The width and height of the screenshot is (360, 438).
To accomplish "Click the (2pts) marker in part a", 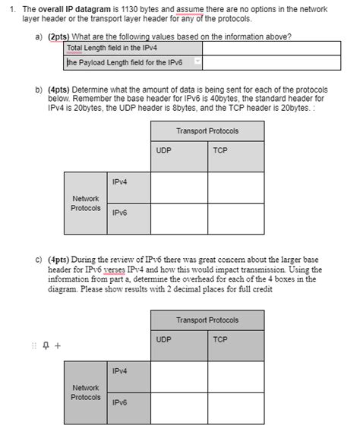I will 58,36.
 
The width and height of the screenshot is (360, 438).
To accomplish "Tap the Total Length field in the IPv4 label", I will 109,48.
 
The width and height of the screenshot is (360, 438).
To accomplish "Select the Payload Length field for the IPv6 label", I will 125,62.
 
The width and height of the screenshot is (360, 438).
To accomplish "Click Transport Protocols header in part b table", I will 207,131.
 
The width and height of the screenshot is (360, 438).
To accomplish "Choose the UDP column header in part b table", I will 164,150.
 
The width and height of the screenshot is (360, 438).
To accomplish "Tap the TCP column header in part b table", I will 221,150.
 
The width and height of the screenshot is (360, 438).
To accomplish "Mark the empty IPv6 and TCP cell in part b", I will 236,218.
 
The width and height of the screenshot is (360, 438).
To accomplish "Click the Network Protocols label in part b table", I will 86,203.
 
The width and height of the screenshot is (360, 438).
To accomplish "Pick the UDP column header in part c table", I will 164,339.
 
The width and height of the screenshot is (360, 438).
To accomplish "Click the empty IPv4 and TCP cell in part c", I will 236,377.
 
